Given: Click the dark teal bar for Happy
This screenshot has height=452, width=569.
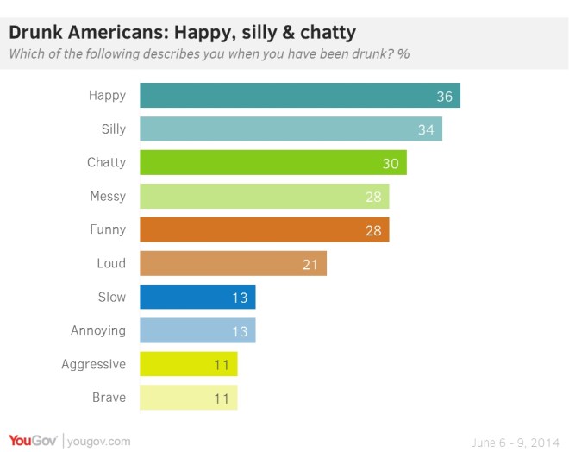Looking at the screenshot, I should tap(299, 96).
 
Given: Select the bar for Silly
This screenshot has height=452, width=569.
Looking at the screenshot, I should tap(291, 129).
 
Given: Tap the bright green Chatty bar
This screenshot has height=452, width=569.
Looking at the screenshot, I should tap(272, 163).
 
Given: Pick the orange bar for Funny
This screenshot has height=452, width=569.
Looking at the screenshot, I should tap(264, 230).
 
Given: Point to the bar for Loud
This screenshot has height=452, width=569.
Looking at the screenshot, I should tap(233, 264).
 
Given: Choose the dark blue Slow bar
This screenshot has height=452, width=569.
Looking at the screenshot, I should tap(197, 298).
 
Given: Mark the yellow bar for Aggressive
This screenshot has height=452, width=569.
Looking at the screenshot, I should tap(188, 364).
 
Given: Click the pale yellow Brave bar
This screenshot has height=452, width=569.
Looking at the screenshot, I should tap(188, 398).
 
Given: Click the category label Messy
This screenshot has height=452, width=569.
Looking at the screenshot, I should tap(108, 197).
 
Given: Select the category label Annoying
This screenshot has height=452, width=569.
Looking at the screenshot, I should tap(98, 330).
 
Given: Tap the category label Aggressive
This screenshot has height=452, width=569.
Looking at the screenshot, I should tap(93, 365).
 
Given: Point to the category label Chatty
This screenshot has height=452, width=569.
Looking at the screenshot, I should tap(106, 163).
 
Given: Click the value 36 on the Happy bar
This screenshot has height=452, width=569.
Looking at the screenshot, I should tap(444, 97).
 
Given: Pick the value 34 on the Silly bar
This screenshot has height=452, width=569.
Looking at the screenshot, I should tap(426, 130).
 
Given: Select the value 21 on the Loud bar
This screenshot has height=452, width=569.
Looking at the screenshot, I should tap(310, 264).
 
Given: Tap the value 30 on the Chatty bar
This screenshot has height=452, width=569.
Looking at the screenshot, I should tap(391, 164).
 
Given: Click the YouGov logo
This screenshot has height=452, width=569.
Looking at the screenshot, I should tap(33, 441).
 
